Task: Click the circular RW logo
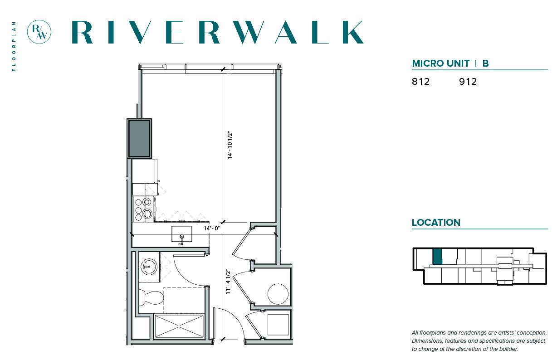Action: [x=39, y=32]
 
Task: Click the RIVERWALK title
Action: [x=218, y=32]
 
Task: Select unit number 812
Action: [x=421, y=82]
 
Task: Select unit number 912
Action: [x=468, y=82]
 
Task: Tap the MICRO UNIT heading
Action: [x=440, y=63]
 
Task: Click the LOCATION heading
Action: [x=436, y=223]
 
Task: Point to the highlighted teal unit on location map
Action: [x=437, y=257]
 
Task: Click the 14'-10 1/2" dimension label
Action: [x=230, y=146]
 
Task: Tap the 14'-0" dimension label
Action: [x=212, y=228]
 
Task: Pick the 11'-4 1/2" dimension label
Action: [x=228, y=282]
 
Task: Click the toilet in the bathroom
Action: [x=151, y=297]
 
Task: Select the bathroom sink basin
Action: [x=149, y=267]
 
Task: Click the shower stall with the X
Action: [x=179, y=326]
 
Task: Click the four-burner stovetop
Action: [x=143, y=209]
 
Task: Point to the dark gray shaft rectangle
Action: [x=139, y=138]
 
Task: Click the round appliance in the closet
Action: [x=278, y=294]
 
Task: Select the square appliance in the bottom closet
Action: [x=278, y=325]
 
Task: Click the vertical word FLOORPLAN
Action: [x=14, y=46]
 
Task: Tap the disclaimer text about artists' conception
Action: [x=479, y=341]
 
